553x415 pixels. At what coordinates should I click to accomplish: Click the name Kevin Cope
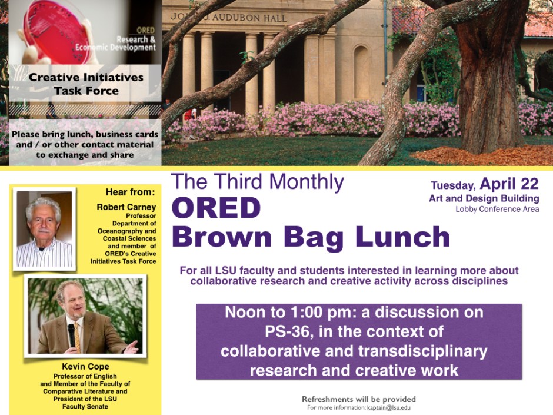85,367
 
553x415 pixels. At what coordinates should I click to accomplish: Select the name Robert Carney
126,207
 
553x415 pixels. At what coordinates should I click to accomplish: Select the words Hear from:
131,192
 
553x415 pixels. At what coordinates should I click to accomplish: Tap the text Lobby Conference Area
497,209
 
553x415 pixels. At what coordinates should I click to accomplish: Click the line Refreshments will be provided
359,399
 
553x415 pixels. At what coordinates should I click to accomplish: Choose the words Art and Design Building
484,198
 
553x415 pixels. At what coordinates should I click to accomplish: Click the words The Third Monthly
257,182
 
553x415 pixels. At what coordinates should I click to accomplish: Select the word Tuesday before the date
452,185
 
